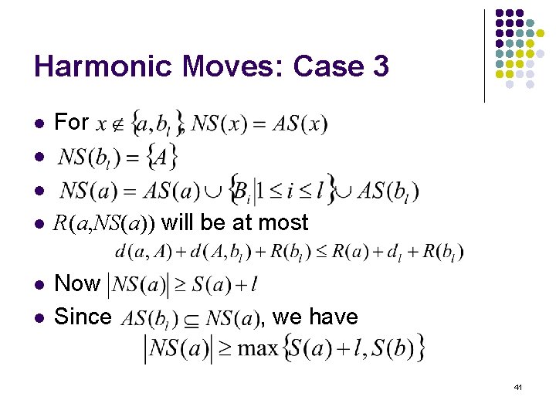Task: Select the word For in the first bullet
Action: coord(72,122)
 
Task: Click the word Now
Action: coord(77,283)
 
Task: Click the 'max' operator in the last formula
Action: coord(257,348)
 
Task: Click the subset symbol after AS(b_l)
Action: coord(189,318)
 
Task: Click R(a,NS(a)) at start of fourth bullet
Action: coord(104,223)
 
